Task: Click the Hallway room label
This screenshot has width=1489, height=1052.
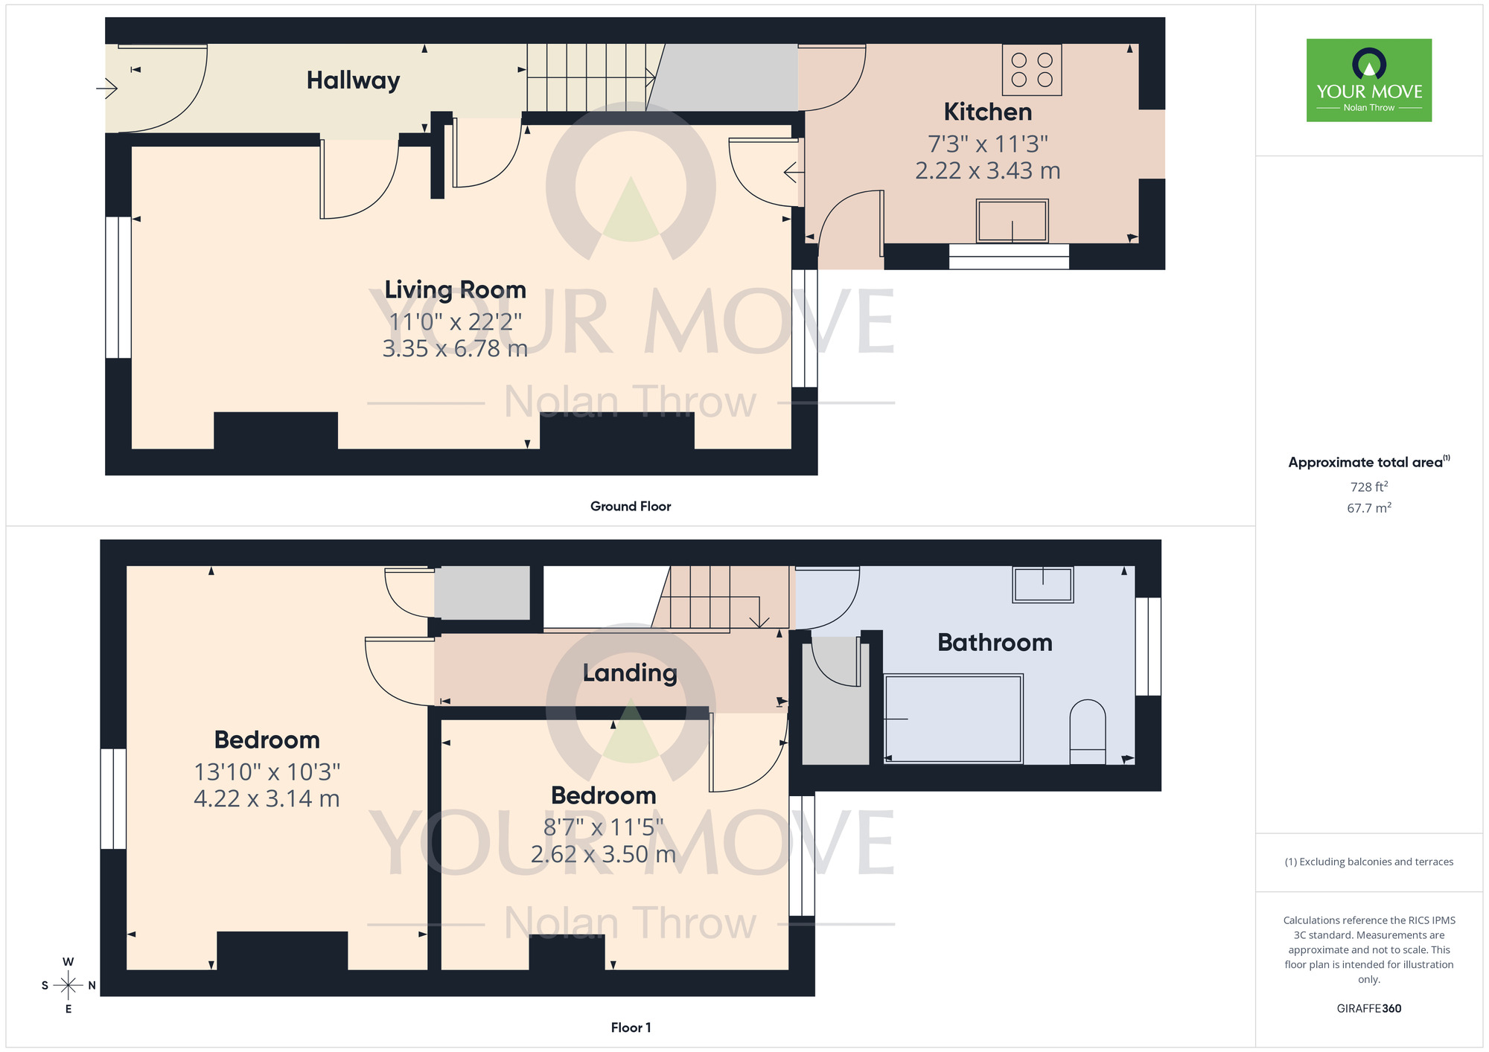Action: [353, 80]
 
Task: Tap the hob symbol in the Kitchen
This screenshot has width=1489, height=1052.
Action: [1032, 70]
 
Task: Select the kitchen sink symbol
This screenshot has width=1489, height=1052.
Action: [1013, 221]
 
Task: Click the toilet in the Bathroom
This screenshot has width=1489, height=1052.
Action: [1087, 732]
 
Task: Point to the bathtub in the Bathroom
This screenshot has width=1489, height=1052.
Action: [953, 719]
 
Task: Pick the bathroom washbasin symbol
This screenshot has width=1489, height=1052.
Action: [1042, 584]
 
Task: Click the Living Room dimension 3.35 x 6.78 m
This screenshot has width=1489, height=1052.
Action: [455, 348]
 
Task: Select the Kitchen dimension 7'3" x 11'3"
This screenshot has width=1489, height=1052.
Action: [987, 144]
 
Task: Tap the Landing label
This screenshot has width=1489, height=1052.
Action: [630, 673]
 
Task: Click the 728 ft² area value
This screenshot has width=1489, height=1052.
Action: [1368, 487]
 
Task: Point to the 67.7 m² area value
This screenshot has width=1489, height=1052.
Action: [1368, 508]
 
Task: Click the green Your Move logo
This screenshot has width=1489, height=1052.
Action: [1368, 80]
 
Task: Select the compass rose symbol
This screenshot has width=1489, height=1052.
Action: [68, 986]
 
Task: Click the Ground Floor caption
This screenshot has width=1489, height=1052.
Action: [631, 506]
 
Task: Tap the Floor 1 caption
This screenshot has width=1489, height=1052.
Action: [631, 1027]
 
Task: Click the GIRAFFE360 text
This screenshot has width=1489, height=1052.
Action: [1368, 1009]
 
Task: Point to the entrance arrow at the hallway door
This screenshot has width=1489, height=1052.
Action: [107, 89]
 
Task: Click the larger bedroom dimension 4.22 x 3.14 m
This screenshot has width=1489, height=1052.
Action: [267, 798]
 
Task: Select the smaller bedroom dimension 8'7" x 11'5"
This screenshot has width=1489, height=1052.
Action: [603, 827]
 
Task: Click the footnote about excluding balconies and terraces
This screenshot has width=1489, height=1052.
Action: [1368, 862]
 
